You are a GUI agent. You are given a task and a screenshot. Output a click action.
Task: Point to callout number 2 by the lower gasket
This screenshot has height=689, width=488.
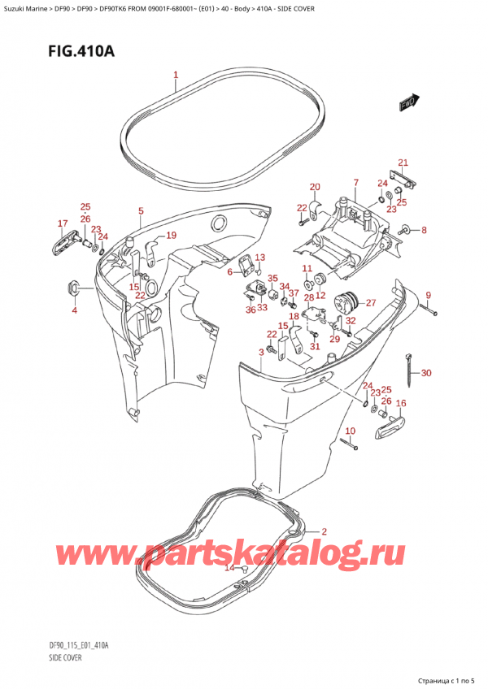point(324,531)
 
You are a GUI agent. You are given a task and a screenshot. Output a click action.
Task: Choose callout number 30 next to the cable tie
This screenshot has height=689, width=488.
point(426,373)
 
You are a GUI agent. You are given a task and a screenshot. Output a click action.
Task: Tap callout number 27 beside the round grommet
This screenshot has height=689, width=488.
point(370,303)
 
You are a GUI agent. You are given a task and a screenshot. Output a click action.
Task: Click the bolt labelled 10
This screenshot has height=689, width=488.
point(348,444)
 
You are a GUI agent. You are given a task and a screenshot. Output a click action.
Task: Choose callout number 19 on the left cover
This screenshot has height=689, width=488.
point(171,236)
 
